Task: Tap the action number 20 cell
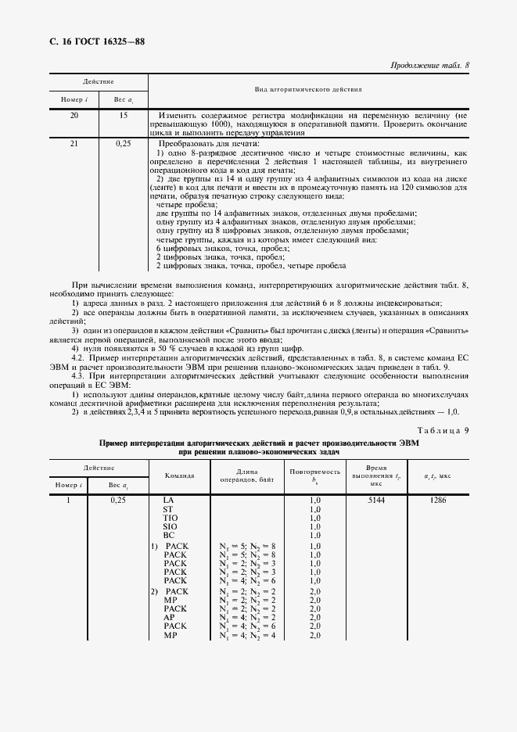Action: (x=74, y=115)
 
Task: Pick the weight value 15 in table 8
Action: (x=123, y=115)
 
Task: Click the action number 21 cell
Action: (x=74, y=144)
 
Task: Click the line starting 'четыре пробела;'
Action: (x=183, y=206)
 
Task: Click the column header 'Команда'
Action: (x=179, y=475)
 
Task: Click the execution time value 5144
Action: (x=376, y=499)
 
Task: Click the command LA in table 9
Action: (x=167, y=499)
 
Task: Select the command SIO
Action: (x=170, y=526)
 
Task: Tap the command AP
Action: (x=168, y=617)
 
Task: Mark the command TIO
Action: (x=170, y=517)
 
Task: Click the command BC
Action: (x=168, y=535)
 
